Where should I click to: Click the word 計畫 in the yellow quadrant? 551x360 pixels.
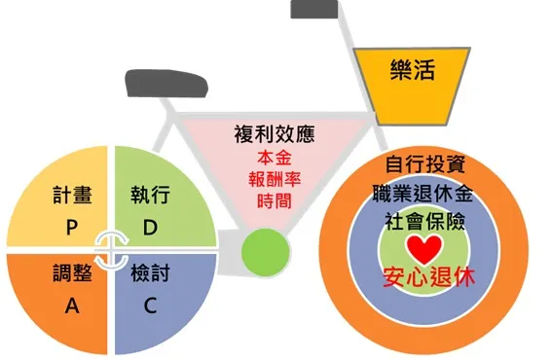[72, 195]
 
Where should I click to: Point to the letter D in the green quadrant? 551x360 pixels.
[150, 227]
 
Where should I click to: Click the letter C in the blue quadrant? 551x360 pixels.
[151, 306]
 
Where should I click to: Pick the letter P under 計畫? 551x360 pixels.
[71, 227]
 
